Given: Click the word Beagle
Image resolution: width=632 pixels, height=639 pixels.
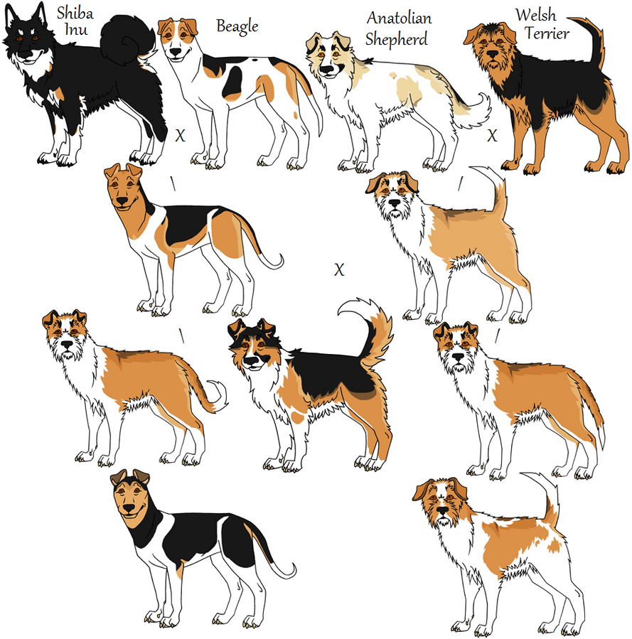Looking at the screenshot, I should [x=237, y=28].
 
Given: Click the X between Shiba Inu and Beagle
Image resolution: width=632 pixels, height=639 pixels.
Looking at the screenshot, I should [x=180, y=135].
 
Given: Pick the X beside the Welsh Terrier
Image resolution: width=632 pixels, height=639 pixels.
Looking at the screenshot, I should [x=492, y=135].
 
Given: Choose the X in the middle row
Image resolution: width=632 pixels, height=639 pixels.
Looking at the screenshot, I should [x=339, y=269].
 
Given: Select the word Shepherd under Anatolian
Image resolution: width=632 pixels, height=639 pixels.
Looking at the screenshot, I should [x=396, y=39].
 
